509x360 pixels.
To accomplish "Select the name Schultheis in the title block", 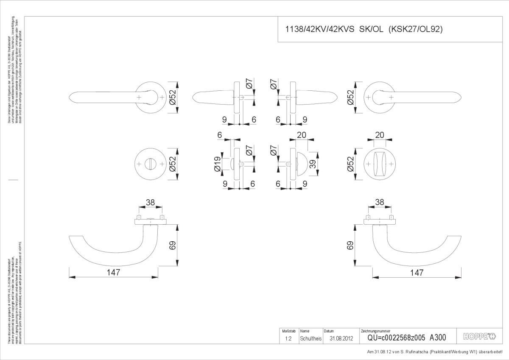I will coord(311,338).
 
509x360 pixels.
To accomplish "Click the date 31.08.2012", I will coord(341,338).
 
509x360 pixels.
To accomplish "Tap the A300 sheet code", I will coord(438,338).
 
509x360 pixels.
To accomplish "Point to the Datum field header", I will coord(329,331).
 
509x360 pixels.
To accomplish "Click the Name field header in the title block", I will coord(305,331).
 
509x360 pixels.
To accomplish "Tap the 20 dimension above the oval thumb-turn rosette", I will coord(380,135).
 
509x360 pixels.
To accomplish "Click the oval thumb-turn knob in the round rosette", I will coord(380,163).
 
